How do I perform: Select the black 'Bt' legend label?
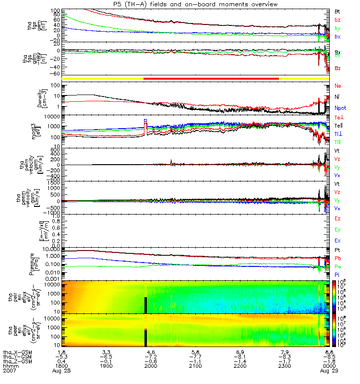[337, 11]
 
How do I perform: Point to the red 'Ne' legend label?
[338, 86]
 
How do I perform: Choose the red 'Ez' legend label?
[337, 219]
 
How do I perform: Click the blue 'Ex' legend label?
[337, 240]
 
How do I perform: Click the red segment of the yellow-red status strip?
[211, 78]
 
